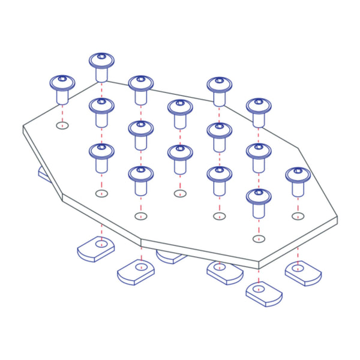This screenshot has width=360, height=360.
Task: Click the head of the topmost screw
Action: pos(101,60)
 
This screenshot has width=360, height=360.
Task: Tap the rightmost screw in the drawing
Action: pos(297,181)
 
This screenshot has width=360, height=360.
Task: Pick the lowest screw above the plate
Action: pos(257,202)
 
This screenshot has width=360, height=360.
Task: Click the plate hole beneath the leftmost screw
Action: pos(62,125)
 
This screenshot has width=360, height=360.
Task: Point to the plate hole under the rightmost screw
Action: pos(297,215)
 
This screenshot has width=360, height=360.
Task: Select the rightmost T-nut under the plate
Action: pos(303,273)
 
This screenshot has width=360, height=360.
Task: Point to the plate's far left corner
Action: pos(23,127)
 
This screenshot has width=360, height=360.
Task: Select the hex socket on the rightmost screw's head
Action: pos(297,172)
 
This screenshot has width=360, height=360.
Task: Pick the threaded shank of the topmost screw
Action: pos(101,73)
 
